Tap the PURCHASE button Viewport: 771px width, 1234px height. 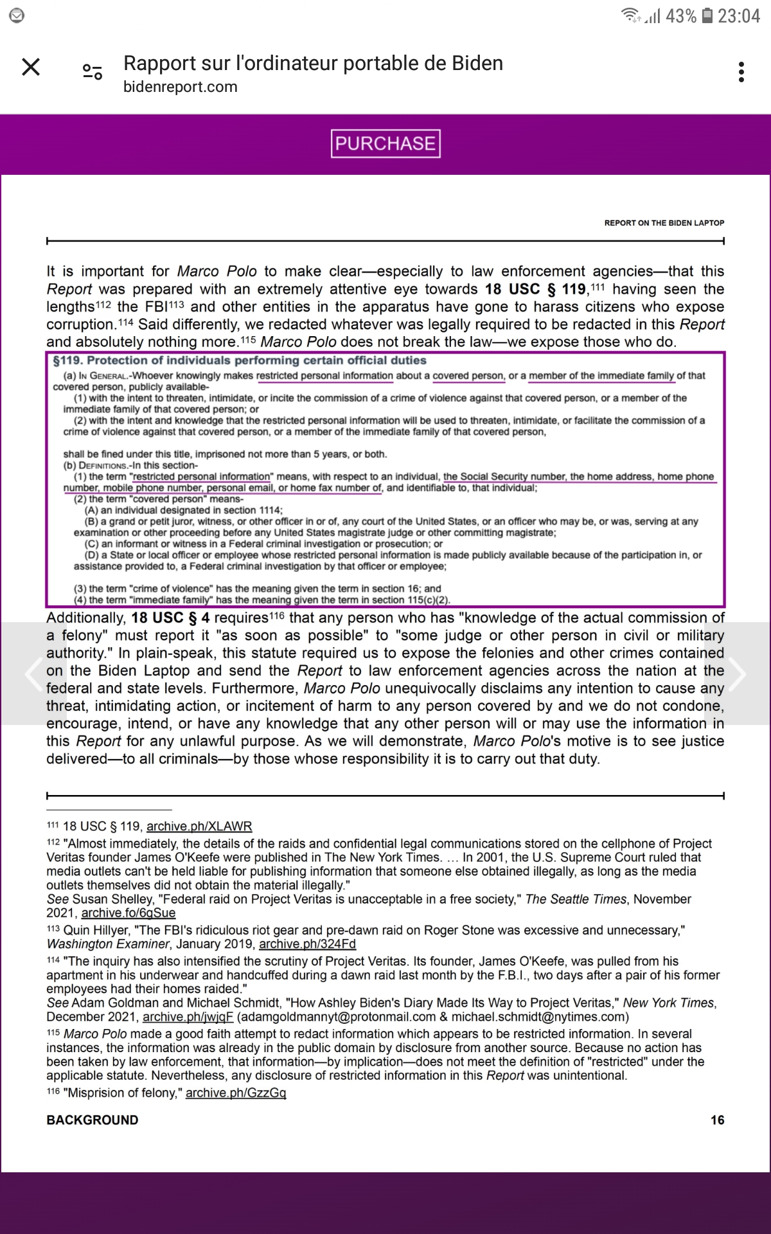click(385, 143)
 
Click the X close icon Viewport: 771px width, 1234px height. click(31, 67)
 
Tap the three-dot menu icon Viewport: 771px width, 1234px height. click(741, 72)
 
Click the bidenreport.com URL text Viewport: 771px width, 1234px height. click(181, 87)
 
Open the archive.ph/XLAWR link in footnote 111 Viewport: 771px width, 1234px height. click(199, 827)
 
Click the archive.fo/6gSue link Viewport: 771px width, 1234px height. click(128, 913)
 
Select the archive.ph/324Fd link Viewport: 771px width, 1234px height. click(307, 944)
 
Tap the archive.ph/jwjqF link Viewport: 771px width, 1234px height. click(188, 1017)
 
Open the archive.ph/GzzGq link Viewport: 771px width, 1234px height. click(236, 1093)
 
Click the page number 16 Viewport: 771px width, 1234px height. click(717, 1120)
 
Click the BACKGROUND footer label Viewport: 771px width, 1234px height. click(93, 1120)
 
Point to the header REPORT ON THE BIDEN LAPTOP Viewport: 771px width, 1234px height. click(664, 223)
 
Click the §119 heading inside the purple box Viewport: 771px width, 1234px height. click(240, 361)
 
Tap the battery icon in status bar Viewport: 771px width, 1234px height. click(707, 15)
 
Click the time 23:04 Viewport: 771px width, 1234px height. click(739, 15)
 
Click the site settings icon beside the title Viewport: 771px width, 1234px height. click(93, 72)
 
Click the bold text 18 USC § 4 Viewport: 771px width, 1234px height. click(170, 618)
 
